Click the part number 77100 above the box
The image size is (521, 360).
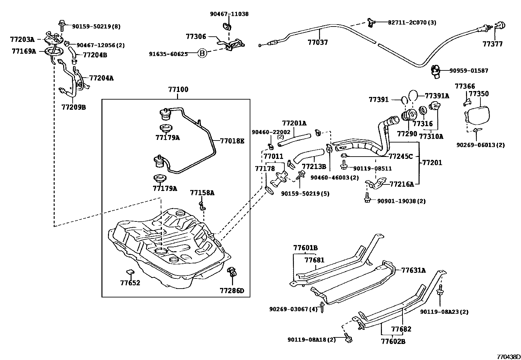click(x=178, y=89)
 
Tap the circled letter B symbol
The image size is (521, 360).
click(x=203, y=53)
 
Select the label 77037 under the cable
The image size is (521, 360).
click(x=317, y=42)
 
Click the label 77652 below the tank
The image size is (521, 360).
click(x=130, y=283)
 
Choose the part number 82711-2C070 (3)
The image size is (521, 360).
click(x=412, y=23)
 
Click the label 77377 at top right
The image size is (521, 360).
click(x=493, y=44)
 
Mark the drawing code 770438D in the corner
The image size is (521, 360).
click(x=508, y=356)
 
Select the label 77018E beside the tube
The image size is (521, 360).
click(x=232, y=141)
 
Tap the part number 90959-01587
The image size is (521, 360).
click(x=469, y=70)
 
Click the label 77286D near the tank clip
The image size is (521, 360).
click(x=232, y=291)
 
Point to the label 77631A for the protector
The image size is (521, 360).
click(x=414, y=270)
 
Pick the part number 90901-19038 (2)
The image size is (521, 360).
click(x=401, y=201)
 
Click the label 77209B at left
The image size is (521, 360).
click(x=73, y=107)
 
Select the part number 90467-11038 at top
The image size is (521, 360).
click(x=229, y=14)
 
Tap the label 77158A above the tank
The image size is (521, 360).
click(x=202, y=193)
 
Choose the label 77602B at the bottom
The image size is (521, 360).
click(x=393, y=341)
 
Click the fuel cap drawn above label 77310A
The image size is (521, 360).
click(x=435, y=106)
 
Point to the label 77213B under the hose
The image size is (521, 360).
click(x=314, y=167)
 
